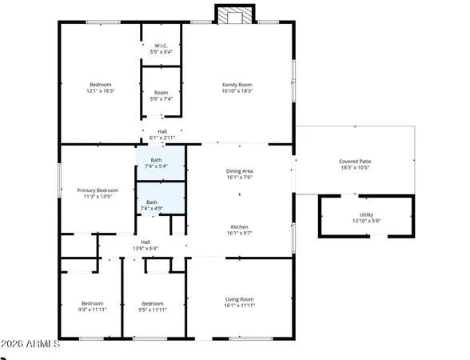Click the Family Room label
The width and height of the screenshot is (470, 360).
pos(237,84)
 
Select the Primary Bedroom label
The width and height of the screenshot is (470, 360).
pos(98,190)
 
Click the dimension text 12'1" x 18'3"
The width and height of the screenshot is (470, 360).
pos(101,91)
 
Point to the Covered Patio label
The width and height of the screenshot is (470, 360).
pos(355,161)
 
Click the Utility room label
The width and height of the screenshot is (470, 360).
pos(366,214)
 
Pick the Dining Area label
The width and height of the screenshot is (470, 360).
pos(241,170)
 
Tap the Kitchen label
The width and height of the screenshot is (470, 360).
pos(241,226)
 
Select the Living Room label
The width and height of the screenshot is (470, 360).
pos(239,299)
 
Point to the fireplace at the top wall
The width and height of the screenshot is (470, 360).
pos(235,15)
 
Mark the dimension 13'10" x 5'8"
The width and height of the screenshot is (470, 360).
pos(366,221)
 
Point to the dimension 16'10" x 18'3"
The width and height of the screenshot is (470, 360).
pos(237,91)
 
